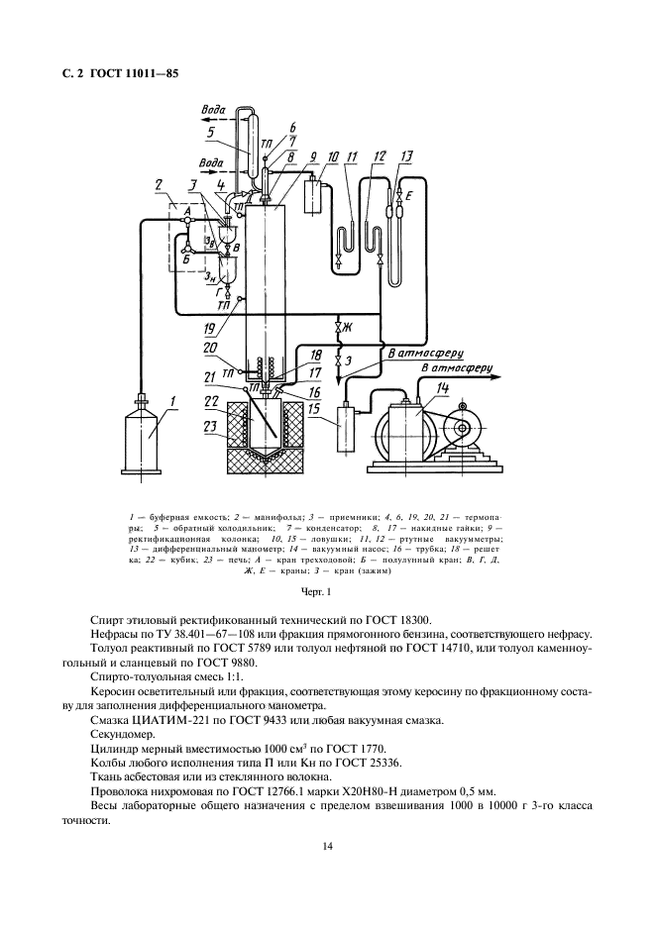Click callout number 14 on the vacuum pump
pos(443,388)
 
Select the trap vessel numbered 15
pos(347,428)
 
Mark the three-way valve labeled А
pos(186,221)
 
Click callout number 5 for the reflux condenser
pos(211,134)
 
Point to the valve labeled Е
pos(400,193)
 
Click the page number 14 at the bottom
pos(327,847)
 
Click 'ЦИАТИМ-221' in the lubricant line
pos(155,720)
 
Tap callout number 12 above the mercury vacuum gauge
pos(379,156)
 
